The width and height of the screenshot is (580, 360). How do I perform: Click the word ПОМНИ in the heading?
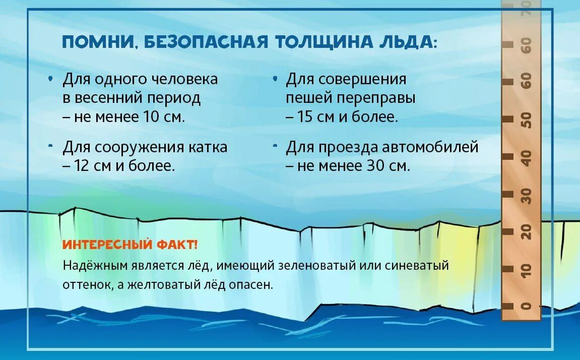pyautogui.click(x=98, y=42)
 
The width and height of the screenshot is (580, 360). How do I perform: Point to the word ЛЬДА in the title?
pyautogui.click(x=404, y=42)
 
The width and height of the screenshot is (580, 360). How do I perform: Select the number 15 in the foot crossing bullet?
pyautogui.click(x=306, y=117)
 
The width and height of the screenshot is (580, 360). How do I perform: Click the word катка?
pyautogui.click(x=208, y=147)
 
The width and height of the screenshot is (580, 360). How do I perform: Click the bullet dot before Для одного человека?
pyautogui.click(x=50, y=80)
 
